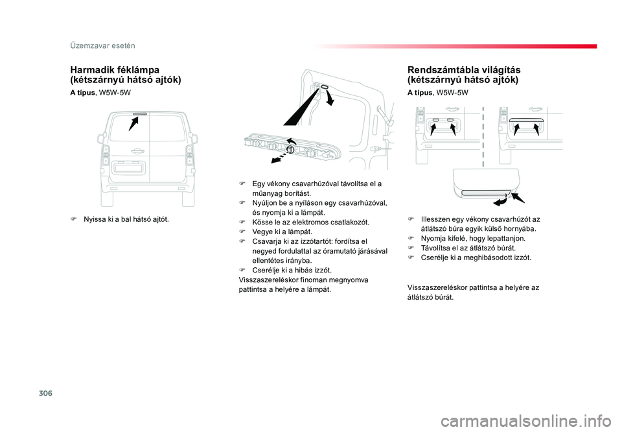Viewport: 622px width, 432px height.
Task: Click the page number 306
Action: click(45, 393)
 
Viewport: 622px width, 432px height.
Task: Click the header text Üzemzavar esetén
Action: click(102, 45)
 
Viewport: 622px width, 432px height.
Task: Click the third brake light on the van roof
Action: click(140, 114)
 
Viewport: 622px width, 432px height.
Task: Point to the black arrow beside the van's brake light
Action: click(133, 124)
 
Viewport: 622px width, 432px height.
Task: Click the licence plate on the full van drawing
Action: click(128, 167)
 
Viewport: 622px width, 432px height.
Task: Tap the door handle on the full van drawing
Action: click(137, 151)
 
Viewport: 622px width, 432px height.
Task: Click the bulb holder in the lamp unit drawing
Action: click(290, 149)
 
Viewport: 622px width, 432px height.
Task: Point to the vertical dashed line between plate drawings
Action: click(483, 137)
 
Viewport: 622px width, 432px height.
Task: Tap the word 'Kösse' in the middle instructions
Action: click(261, 222)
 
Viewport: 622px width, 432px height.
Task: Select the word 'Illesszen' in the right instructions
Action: click(435, 219)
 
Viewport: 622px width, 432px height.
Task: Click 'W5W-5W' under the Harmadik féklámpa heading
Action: click(115, 93)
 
